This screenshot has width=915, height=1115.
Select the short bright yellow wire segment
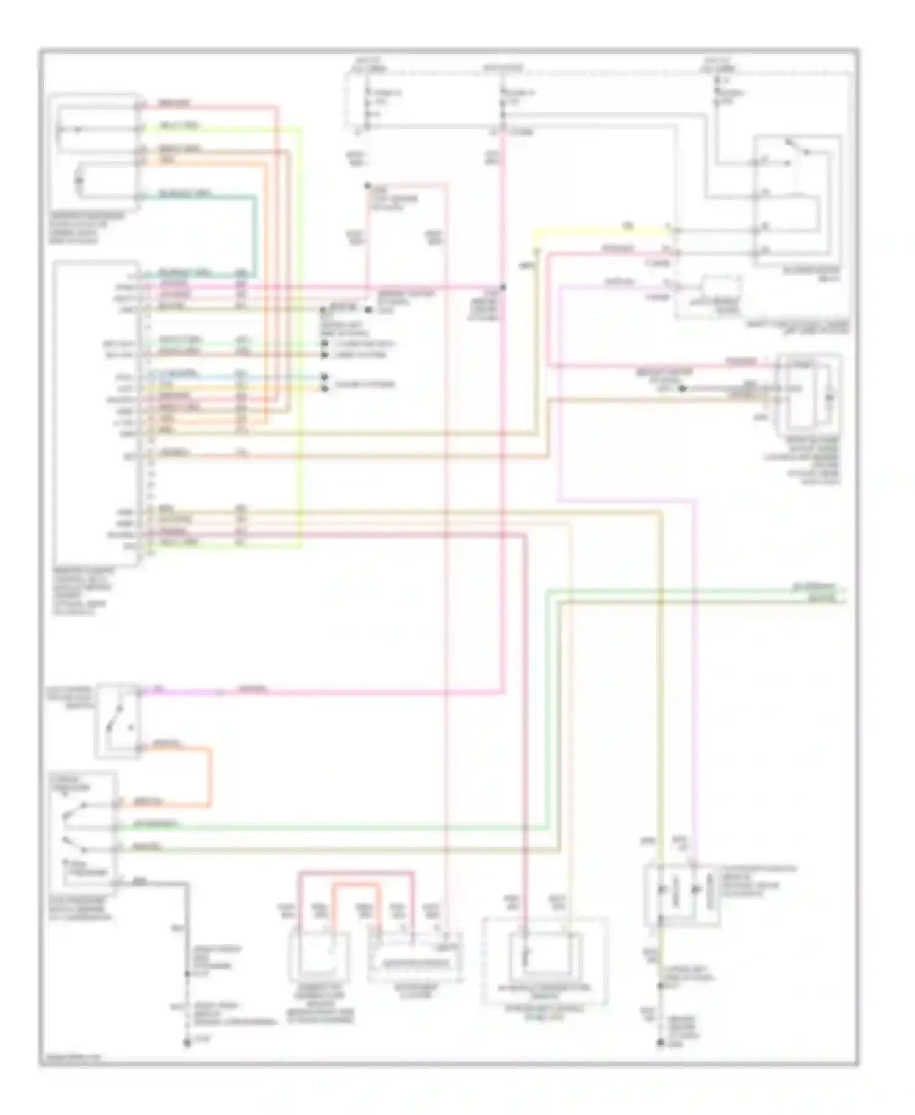598,231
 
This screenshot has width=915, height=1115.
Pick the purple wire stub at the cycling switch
183,692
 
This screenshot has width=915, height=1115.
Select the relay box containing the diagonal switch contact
797,201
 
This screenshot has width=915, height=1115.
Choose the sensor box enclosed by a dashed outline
545,961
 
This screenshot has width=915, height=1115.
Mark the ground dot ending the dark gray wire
187,1044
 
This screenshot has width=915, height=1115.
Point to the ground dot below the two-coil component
660,1044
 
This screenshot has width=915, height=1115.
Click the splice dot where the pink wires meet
503,287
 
